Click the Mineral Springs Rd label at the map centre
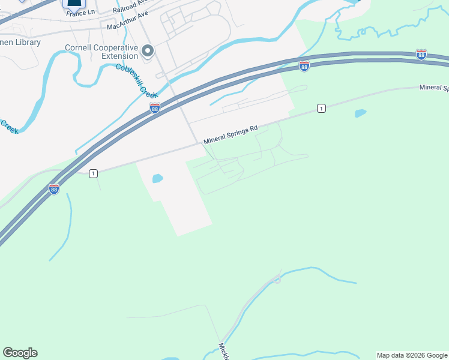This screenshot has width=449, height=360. coord(231,134)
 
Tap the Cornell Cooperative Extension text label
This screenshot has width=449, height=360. coord(102,51)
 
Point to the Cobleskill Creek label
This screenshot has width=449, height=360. coord(137,81)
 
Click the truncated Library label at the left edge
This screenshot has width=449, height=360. coord(20,43)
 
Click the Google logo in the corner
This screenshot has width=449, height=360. coord(20,353)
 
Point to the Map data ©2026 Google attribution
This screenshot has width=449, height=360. coord(412,355)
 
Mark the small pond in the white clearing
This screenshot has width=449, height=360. coord(157,178)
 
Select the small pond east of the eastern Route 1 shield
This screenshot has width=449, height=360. coord(360,113)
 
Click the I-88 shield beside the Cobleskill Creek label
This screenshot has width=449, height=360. coord(155,107)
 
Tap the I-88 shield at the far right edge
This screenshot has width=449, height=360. coord(421,55)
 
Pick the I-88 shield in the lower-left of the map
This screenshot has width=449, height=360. coord(54,189)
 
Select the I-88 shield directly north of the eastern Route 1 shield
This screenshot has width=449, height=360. coord(304,66)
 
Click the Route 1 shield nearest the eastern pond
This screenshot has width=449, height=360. coord(322,108)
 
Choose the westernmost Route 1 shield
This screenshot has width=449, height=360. coord(93,173)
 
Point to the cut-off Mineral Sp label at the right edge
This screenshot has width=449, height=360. coord(434,88)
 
